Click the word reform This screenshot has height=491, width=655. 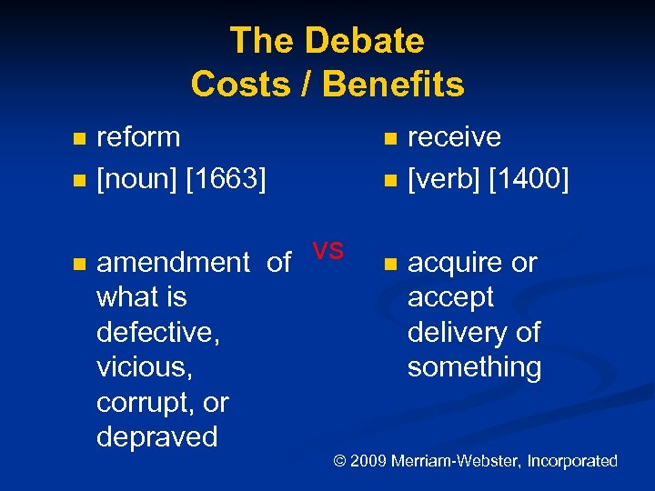(138, 137)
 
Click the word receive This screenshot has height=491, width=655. (454, 137)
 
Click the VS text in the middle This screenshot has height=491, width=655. (327, 250)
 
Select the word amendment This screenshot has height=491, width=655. (173, 263)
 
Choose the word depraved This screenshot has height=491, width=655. (156, 437)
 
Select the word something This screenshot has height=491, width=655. (474, 367)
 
